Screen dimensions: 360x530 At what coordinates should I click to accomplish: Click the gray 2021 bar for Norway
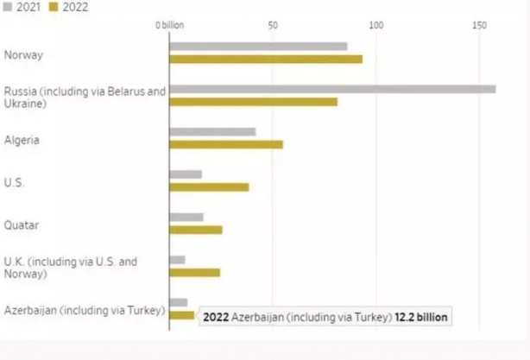coord(258,47)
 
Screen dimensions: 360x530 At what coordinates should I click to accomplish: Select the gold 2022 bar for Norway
coord(266,60)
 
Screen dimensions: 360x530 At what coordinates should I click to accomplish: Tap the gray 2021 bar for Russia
coord(332,89)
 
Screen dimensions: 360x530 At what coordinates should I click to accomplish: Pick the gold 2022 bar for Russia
coord(253,102)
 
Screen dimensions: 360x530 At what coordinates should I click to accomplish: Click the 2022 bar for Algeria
coord(226,144)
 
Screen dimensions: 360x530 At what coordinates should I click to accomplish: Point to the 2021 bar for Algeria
coord(212,131)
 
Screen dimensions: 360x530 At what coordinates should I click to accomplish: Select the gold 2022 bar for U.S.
coord(209,186)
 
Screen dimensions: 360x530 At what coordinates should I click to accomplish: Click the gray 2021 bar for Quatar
coord(186,217)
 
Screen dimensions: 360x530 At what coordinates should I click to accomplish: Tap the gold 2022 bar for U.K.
coord(194,272)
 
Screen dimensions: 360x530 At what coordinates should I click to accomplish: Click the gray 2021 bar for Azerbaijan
coord(179,302)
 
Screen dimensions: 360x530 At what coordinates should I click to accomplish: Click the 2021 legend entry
coord(26,6)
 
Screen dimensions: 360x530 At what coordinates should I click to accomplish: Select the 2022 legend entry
coord(70,6)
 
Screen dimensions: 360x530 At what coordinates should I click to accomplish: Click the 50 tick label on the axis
coord(273,26)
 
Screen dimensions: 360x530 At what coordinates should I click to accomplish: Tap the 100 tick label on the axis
coord(375,26)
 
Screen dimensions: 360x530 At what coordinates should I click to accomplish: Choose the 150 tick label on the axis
coord(479,26)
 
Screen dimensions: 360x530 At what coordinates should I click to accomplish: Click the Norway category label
coord(23,56)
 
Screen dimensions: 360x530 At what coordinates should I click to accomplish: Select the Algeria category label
coord(22,140)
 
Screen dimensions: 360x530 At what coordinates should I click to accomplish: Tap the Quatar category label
coord(22,224)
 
